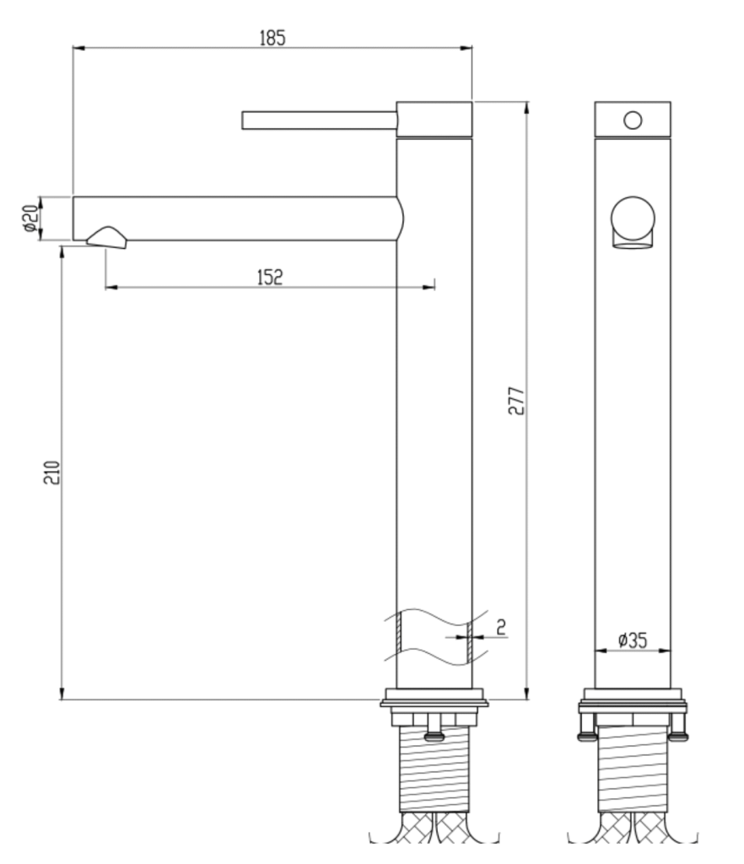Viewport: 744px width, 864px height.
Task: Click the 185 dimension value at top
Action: (x=272, y=37)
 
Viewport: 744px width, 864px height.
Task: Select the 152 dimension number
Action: (x=269, y=277)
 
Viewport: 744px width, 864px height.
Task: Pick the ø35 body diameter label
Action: (x=632, y=640)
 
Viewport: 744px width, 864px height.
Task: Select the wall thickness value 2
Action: (x=500, y=626)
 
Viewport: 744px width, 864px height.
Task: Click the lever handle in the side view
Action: (x=319, y=121)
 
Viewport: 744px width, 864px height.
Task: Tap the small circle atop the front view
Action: (x=633, y=120)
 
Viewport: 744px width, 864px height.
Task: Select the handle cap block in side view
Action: (x=434, y=120)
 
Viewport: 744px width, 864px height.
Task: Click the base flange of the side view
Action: (x=434, y=699)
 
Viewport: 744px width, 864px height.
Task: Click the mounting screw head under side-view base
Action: (x=435, y=734)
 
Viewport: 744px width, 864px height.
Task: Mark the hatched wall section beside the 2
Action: (x=468, y=639)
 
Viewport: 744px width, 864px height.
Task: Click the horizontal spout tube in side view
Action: (x=236, y=219)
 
